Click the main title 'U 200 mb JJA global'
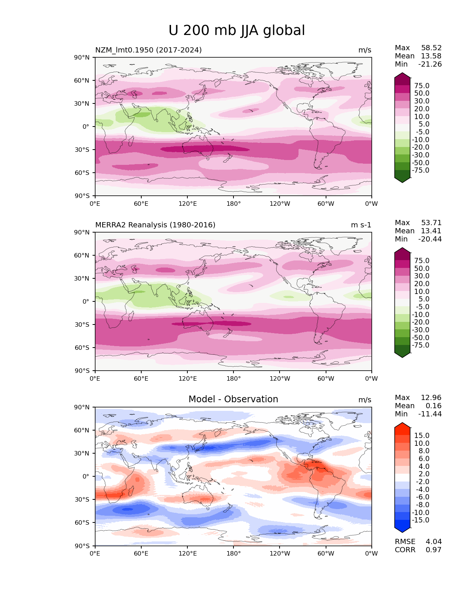[236, 31]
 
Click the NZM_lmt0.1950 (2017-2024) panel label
[148, 50]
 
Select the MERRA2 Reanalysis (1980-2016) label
[155, 225]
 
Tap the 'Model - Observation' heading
[233, 399]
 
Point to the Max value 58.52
[431, 48]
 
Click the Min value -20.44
[430, 239]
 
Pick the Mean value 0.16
[433, 406]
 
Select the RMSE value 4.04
[433, 541]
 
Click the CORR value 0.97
[433, 550]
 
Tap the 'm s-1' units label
[361, 225]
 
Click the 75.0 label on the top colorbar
[422, 86]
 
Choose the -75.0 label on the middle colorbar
[420, 345]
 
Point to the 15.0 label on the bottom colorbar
[422, 435]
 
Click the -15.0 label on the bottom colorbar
[420, 520]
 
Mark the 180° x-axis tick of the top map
[233, 204]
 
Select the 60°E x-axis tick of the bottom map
[141, 553]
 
